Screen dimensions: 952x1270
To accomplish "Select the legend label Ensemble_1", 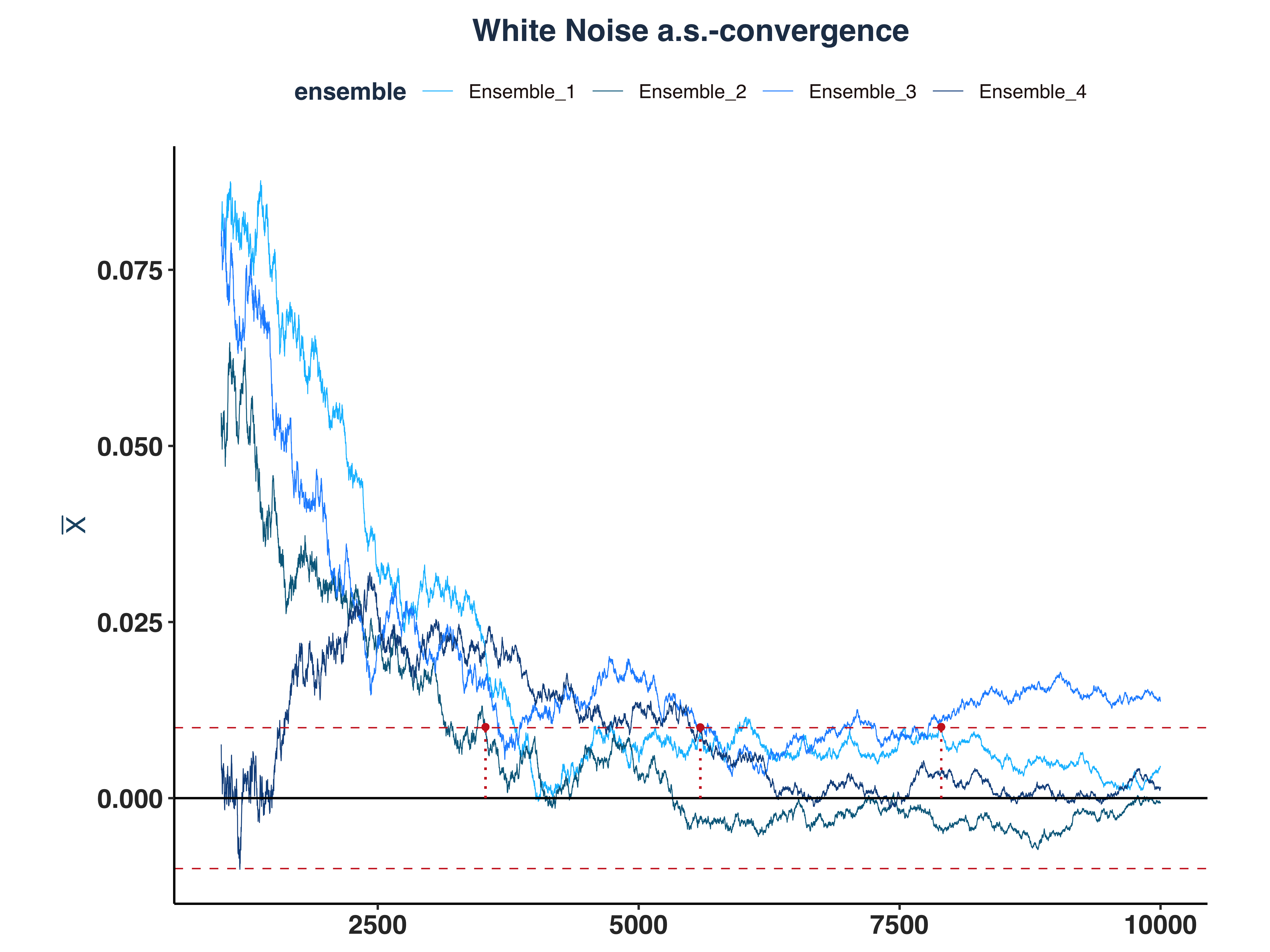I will (x=521, y=92).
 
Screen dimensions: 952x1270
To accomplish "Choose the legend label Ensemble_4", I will (x=1032, y=92).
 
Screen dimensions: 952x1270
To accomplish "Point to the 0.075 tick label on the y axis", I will (x=130, y=271).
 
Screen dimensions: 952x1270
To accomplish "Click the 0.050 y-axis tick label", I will (x=130, y=447).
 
